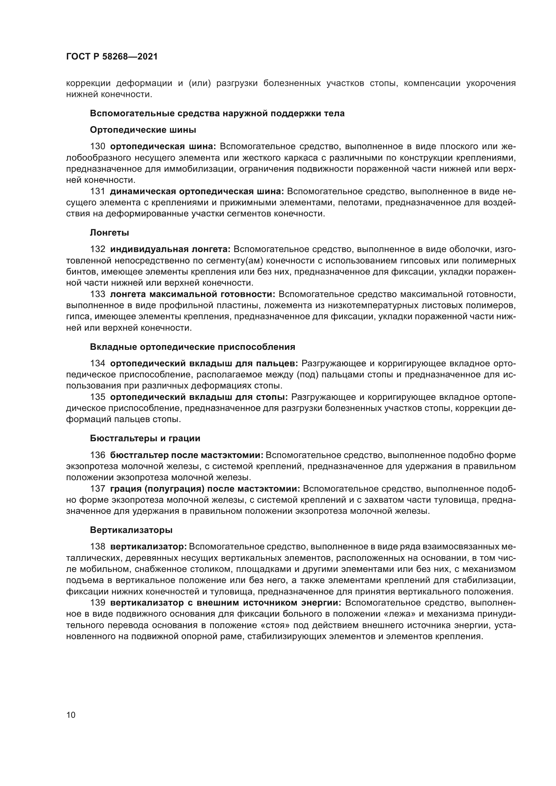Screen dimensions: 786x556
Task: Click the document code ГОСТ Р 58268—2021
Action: pyautogui.click(x=112, y=57)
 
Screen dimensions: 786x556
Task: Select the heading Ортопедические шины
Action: pyautogui.click(x=143, y=130)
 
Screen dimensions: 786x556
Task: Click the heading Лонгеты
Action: pyautogui.click(x=109, y=233)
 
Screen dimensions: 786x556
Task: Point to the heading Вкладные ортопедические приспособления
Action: pyautogui.click(x=192, y=347)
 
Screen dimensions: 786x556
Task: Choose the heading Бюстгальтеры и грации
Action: pyautogui.click(x=145, y=439)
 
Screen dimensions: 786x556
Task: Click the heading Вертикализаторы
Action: pyautogui.click(x=131, y=530)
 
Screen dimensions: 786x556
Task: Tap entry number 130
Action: pyautogui.click(x=97, y=147)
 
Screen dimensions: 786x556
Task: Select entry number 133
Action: pyautogui.click(x=97, y=294)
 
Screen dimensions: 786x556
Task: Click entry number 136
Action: pyautogui.click(x=97, y=455)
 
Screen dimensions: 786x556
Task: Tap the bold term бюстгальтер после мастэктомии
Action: pyautogui.click(x=187, y=455)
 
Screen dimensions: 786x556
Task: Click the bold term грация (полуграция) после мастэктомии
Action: pyautogui.click(x=205, y=489)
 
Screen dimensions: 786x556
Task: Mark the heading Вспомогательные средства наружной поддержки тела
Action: pyautogui.click(x=217, y=113)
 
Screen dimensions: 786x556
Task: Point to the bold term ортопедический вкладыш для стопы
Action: pyautogui.click(x=199, y=397)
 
